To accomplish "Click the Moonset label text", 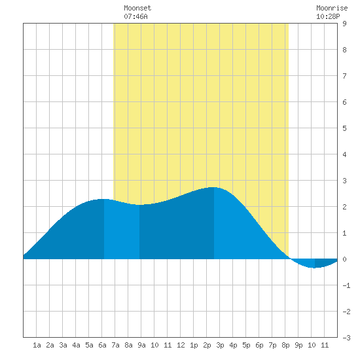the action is (x=137, y=8).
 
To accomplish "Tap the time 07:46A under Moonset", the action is (x=135, y=16).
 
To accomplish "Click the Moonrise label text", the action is (x=332, y=8).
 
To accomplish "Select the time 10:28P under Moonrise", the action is (x=328, y=16).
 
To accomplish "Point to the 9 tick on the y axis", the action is (x=344, y=24).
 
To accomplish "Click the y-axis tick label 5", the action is (x=344, y=128).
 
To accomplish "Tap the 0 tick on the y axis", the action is (x=344, y=259).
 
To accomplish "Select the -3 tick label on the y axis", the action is (x=346, y=338).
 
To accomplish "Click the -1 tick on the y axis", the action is (x=346, y=285).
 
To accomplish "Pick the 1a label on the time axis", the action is (x=37, y=345).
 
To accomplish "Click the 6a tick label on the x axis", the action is (x=102, y=345).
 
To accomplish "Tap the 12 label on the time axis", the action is (x=181, y=345).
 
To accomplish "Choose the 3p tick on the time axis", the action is (x=220, y=345).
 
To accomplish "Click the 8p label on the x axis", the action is (x=285, y=345).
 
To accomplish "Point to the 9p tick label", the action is (x=298, y=345).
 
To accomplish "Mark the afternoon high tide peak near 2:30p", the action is (x=214, y=187).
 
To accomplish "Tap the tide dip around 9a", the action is (x=139, y=205).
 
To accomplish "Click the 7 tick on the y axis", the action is (x=344, y=76).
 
